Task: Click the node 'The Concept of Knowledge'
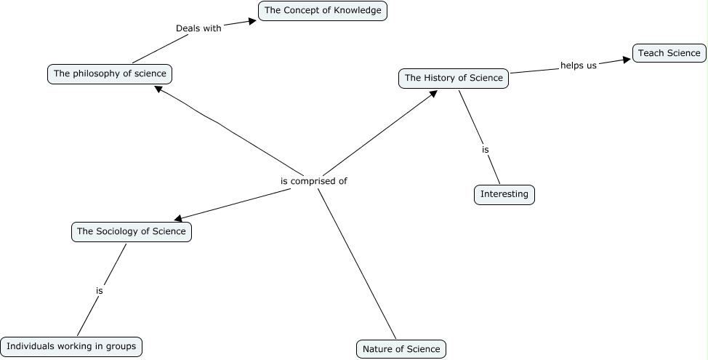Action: click(323, 11)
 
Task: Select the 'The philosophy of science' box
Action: click(110, 73)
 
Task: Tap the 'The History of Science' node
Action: click(454, 79)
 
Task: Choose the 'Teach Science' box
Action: click(669, 53)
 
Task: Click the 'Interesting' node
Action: click(504, 195)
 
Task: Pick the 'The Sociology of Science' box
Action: click(132, 232)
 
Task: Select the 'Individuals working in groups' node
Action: click(71, 347)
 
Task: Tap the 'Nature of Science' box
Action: click(401, 349)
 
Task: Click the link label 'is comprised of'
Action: click(314, 181)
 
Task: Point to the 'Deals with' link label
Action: click(198, 28)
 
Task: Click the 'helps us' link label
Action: click(578, 65)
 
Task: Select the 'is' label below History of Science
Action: click(485, 150)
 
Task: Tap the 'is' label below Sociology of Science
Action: click(100, 291)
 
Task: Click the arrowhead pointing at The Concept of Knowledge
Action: click(252, 21)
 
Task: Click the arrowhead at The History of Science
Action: click(433, 92)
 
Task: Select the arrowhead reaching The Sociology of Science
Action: click(179, 217)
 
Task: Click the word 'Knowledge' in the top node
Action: click(358, 11)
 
